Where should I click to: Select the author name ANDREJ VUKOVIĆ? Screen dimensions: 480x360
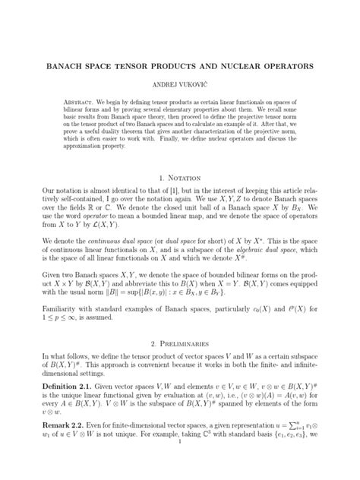179,84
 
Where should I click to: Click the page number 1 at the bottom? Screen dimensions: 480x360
179,478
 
